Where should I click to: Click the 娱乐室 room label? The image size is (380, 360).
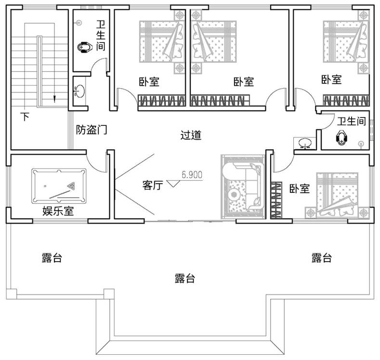58,211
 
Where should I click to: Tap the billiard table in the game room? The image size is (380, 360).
59,186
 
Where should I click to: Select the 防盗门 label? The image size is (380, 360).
92,130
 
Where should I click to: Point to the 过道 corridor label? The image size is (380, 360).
191,135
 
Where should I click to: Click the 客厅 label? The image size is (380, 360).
153,186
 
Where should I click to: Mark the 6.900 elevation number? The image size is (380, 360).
192,175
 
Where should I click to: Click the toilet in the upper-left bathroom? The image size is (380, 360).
85,47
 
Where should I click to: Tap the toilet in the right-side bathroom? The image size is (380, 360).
341,138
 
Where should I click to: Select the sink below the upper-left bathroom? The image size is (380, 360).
79,92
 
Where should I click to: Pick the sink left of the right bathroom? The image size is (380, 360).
304,143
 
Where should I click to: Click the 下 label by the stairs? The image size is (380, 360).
25,117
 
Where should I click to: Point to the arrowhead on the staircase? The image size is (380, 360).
54,99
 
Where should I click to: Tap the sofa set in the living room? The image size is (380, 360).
243,187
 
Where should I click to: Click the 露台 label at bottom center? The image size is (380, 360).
184,278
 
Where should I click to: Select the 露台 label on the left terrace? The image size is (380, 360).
52,258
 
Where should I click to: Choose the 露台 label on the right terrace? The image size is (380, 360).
322,258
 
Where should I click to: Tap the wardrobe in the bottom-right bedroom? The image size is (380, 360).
276,200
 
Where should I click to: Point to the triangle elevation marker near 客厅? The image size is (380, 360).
173,184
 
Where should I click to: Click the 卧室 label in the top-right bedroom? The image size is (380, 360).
331,80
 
